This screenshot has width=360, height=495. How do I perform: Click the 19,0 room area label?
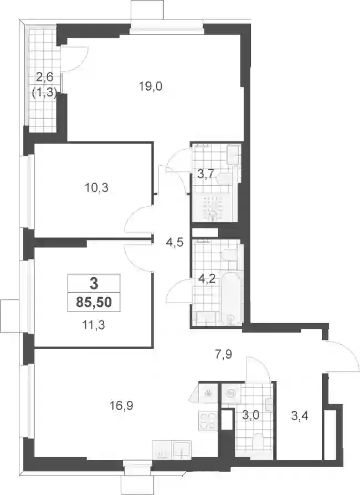click(151, 86)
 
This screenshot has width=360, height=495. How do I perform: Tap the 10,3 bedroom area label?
click(96, 188)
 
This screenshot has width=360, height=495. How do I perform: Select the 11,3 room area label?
click(94, 325)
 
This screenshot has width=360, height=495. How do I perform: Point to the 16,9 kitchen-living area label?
click(121, 405)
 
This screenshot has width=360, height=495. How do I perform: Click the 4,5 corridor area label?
click(175, 243)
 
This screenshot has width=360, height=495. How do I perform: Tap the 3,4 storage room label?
click(299, 416)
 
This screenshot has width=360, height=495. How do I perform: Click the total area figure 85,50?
click(94, 303)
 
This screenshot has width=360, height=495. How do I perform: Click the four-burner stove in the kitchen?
click(208, 421)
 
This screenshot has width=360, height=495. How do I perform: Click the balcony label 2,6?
click(45, 76)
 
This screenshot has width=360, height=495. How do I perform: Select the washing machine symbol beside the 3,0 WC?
click(232, 394)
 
